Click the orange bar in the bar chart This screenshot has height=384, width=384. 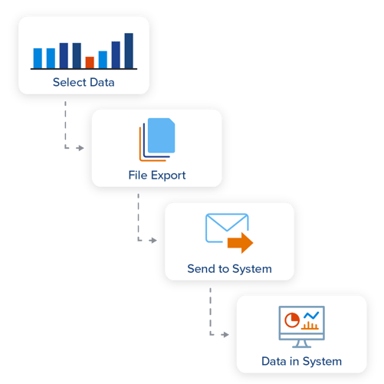[90, 62]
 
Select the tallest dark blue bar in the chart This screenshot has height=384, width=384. [129, 51]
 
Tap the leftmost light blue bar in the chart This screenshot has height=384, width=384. [38, 58]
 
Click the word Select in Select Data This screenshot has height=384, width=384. [67, 82]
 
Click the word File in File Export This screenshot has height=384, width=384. [137, 176]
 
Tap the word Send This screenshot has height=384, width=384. [201, 269]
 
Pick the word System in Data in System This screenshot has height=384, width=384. [323, 361]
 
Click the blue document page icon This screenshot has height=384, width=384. [161, 136]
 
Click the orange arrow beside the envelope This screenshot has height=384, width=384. [241, 244]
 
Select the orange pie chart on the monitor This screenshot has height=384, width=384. [291, 319]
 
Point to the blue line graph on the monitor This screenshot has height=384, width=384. [310, 315]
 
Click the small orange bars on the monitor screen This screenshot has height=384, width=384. [310, 326]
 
